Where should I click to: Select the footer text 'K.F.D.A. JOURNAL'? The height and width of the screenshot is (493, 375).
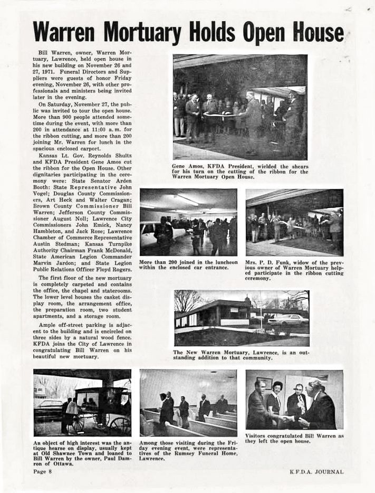[x=316, y=471]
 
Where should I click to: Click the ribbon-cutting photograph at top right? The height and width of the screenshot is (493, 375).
[x=240, y=107]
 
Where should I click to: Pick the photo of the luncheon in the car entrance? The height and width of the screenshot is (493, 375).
[x=188, y=222]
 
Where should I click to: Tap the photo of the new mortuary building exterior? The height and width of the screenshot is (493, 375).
[x=242, y=318]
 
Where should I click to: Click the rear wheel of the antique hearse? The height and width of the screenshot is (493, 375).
[x=119, y=424]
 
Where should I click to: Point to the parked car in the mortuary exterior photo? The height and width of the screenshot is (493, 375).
[x=287, y=320]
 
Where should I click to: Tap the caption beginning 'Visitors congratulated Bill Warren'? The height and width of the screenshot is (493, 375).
[x=294, y=438]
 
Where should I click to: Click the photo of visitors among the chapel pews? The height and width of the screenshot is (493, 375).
[x=188, y=403]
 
